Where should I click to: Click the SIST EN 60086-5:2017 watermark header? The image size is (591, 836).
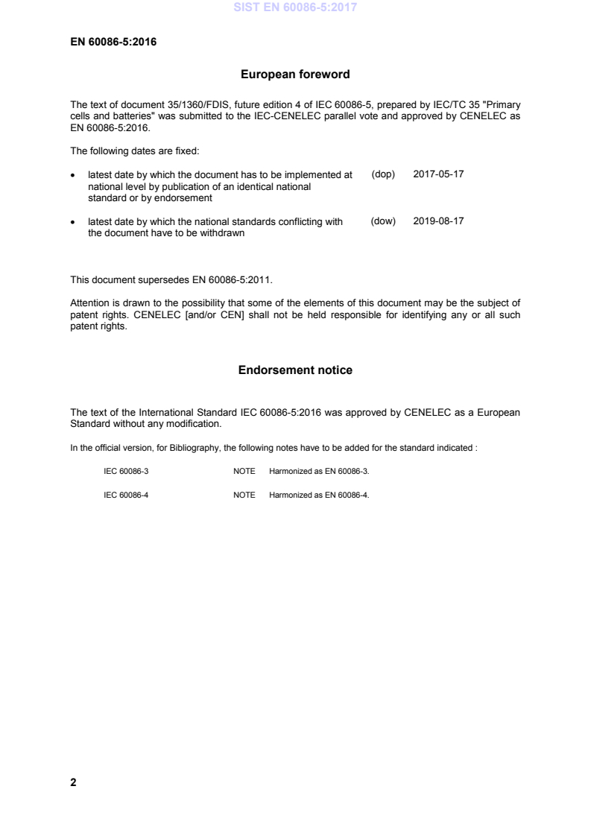pos(296,8)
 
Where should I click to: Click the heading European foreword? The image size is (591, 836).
pos(295,75)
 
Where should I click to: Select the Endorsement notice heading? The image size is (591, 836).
pos(295,370)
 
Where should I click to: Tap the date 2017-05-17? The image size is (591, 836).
pos(438,174)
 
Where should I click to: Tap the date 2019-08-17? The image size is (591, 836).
pos(438,221)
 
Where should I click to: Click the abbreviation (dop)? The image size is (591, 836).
pos(382,174)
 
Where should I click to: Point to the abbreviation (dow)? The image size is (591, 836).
pos(382,221)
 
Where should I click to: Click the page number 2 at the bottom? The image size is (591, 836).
pos(73,782)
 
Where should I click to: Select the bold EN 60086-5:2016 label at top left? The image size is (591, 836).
pos(113,42)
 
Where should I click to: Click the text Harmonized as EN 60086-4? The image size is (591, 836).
pos(319,495)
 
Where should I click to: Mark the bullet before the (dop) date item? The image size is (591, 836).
pos(73,175)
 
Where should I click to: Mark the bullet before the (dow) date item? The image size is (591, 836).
pos(73,222)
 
